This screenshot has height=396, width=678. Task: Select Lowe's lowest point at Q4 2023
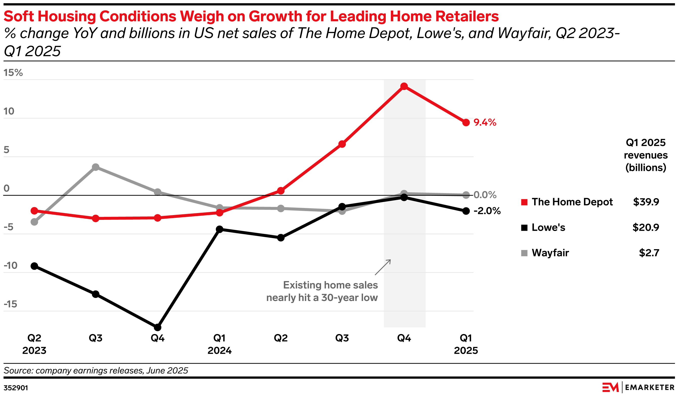(157, 328)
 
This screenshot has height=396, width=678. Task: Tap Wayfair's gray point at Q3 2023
(96, 167)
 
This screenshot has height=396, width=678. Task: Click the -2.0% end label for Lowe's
(487, 211)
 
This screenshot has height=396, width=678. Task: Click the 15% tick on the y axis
(13, 73)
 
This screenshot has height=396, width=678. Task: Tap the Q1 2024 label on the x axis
(219, 344)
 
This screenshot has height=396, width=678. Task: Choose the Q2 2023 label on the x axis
(34, 344)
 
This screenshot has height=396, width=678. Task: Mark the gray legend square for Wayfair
(524, 253)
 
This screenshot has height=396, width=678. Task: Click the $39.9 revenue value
(646, 202)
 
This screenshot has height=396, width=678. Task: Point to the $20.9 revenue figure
(645, 228)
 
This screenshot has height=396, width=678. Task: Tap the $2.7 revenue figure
(649, 253)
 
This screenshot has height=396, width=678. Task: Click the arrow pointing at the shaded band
(383, 267)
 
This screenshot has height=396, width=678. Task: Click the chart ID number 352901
(16, 388)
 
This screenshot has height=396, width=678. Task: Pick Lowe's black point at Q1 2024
(219, 229)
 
